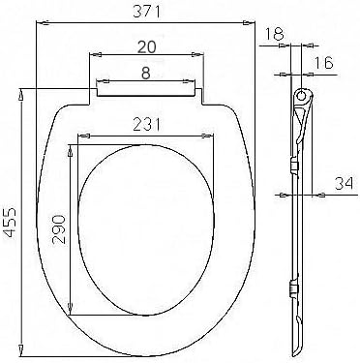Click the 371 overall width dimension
pyautogui.click(x=146, y=12)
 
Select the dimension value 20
pyautogui.click(x=146, y=47)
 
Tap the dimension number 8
pyautogui.click(x=146, y=74)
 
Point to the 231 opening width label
pyautogui.click(x=147, y=124)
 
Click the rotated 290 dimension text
pyautogui.click(x=60, y=229)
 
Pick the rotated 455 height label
pyautogui.click(x=12, y=223)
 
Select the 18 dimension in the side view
pyautogui.click(x=275, y=33)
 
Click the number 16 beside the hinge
pyautogui.click(x=323, y=63)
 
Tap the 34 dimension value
pyautogui.click(x=345, y=184)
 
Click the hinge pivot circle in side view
pyautogui.click(x=301, y=95)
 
